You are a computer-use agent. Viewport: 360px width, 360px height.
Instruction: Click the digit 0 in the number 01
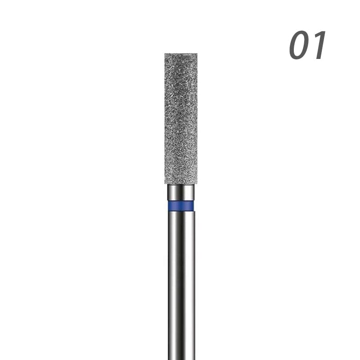pyautogui.click(x=299, y=46)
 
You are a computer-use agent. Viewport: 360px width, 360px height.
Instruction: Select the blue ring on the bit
pyautogui.click(x=181, y=206)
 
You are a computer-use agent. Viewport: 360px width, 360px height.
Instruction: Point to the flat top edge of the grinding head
pyautogui.click(x=181, y=54)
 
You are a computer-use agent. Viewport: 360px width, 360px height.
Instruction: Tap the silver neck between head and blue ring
pyautogui.click(x=181, y=192)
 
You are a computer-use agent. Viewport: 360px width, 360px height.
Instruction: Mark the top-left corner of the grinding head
pyautogui.click(x=165, y=54)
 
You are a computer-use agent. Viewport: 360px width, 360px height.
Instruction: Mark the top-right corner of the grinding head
pyautogui.click(x=197, y=54)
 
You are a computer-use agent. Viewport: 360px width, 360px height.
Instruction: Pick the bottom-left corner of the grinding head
pyautogui.click(x=165, y=183)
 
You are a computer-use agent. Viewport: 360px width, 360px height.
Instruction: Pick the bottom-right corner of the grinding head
pyautogui.click(x=197, y=183)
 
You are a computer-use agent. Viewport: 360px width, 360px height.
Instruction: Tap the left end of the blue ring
pyautogui.click(x=168, y=206)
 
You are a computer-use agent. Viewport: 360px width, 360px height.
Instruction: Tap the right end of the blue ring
pyautogui.click(x=194, y=206)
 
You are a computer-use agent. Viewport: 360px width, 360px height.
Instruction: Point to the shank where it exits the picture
pyautogui.click(x=181, y=357)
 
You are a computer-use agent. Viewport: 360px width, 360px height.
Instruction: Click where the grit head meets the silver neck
pyautogui.click(x=181, y=184)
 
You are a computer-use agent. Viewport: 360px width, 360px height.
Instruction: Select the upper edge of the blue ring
pyautogui.click(x=181, y=201)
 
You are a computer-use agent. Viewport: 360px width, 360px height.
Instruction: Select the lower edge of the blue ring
pyautogui.click(x=181, y=211)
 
